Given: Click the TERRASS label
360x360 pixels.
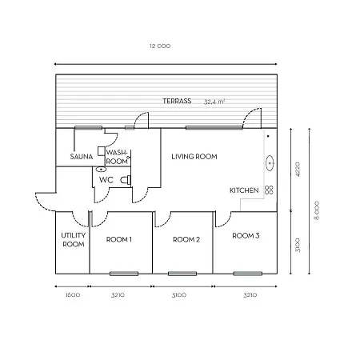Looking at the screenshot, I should click(x=176, y=102).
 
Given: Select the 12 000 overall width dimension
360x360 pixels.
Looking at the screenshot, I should click(x=160, y=46).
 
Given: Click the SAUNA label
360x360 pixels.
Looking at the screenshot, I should click(x=81, y=157).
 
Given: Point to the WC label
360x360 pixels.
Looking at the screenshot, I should click(x=105, y=180).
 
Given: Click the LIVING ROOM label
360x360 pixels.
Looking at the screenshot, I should click(x=194, y=157).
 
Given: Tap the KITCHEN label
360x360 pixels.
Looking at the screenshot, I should click(x=243, y=190).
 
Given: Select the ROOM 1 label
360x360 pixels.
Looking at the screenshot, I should click(x=118, y=238).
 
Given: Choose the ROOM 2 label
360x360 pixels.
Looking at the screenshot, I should click(x=186, y=238).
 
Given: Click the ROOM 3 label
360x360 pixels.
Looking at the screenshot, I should click(x=246, y=236).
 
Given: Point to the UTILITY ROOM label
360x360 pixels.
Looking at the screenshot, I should click(x=72, y=240).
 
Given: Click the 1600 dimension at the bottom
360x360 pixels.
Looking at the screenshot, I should click(x=71, y=295).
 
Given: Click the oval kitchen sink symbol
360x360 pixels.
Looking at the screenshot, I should click(x=270, y=163).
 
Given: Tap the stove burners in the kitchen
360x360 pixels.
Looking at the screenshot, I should click(x=270, y=190).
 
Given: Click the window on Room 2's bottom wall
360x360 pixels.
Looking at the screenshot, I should click(x=184, y=274).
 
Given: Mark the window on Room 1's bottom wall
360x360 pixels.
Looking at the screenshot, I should click(x=123, y=274).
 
